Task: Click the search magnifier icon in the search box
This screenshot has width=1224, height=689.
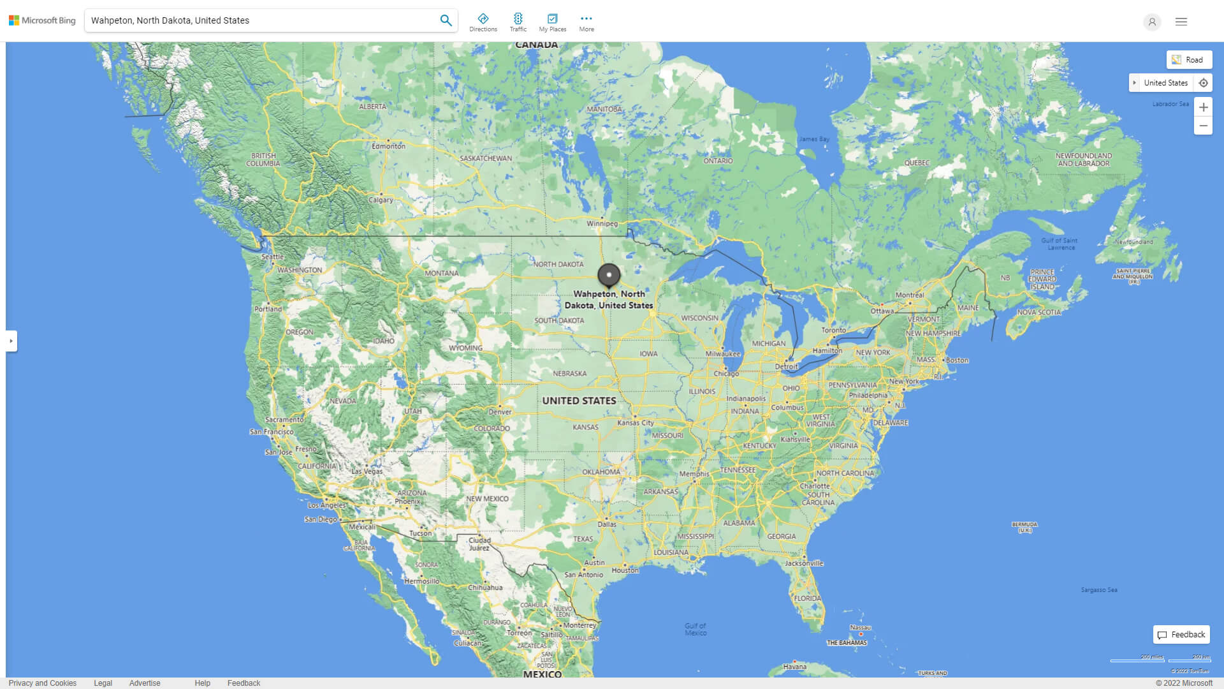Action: [446, 20]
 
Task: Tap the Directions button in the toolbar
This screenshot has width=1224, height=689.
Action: [483, 22]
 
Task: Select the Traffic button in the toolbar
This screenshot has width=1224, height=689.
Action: [518, 22]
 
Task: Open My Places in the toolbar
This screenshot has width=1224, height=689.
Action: [552, 22]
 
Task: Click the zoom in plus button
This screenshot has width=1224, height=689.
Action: [1203, 107]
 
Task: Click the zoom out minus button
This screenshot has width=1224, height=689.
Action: [1203, 126]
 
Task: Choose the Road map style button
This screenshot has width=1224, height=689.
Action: [1189, 60]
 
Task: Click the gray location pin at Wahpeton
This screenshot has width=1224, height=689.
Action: [609, 275]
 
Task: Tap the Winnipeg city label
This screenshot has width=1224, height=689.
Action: [602, 224]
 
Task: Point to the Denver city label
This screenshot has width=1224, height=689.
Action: [500, 412]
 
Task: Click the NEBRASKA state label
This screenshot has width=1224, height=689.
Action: [569, 374]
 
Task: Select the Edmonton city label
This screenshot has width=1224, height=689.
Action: [388, 146]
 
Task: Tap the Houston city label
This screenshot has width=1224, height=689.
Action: [625, 570]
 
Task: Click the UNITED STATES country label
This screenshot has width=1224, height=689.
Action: [579, 401]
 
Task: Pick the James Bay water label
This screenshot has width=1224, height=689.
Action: [814, 139]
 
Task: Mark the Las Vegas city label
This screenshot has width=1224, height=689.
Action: [367, 471]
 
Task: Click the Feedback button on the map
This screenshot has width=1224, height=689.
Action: [1181, 635]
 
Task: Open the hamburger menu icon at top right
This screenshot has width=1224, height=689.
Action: [1181, 22]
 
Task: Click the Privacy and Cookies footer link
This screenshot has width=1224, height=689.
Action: [43, 683]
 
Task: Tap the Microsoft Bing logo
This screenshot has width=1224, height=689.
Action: [42, 20]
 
